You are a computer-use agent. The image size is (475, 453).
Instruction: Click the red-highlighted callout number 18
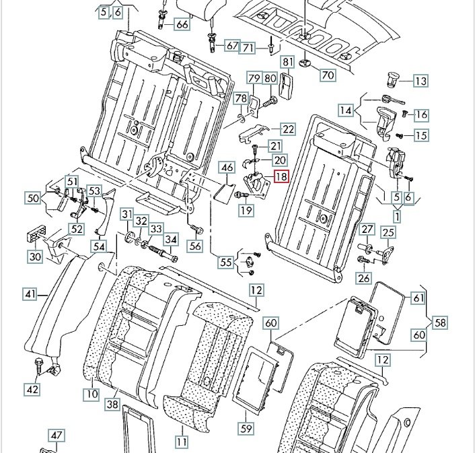click(281, 178)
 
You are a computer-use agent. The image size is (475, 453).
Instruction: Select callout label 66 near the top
click(182, 24)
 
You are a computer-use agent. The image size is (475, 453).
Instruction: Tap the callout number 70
click(328, 75)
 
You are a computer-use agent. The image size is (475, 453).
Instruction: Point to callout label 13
click(421, 81)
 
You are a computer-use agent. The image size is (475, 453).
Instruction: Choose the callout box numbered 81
click(288, 63)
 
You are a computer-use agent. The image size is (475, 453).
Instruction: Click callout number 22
click(288, 129)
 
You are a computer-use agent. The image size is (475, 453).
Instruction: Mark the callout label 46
click(227, 168)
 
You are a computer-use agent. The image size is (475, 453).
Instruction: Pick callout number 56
click(195, 246)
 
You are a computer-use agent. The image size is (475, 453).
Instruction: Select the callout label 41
click(30, 293)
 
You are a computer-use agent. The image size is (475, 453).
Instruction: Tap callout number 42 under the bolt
click(32, 389)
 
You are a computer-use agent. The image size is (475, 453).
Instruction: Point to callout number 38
click(112, 405)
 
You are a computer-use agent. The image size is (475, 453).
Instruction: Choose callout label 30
click(35, 256)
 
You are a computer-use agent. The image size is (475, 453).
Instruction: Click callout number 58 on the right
click(440, 323)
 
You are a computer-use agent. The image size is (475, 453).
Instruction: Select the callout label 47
click(57, 435)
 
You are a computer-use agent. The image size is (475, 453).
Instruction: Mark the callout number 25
click(388, 233)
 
